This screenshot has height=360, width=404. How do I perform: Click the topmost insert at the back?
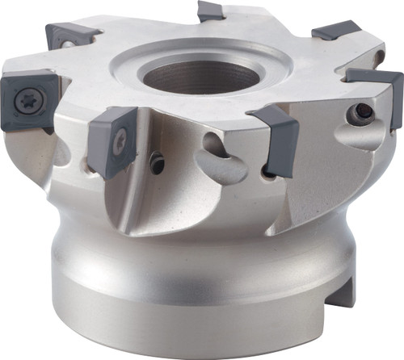pos(211,11)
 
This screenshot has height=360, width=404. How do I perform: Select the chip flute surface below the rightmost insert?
pos(356,161)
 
